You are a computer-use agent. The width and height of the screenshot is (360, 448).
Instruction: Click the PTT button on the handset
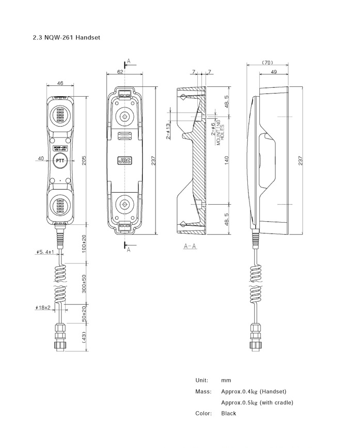tap(60, 160)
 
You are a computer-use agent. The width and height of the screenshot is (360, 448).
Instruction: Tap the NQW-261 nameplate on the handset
tap(60, 148)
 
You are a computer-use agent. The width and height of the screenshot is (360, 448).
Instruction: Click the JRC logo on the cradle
tap(124, 161)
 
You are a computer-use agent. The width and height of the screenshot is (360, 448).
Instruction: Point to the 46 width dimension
tap(60, 83)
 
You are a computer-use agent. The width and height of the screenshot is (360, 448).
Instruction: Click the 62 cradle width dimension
tap(120, 72)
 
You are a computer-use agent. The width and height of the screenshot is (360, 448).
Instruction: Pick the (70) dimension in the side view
tap(267, 63)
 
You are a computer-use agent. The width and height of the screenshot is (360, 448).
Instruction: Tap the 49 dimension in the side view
tap(273, 72)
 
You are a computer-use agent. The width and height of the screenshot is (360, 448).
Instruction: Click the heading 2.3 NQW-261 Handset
tap(66, 38)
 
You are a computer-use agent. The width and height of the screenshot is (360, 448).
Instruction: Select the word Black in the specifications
tap(228, 413)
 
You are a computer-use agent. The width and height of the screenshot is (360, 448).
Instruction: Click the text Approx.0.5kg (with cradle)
tap(257, 403)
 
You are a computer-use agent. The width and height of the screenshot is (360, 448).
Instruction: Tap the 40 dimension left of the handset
tap(40, 159)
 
